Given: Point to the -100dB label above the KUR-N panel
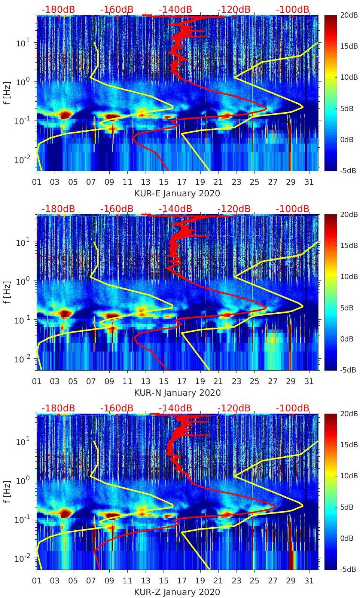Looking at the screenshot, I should [293, 209].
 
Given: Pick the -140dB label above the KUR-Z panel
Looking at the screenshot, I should [176, 408].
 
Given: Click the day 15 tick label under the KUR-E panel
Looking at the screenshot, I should [164, 182].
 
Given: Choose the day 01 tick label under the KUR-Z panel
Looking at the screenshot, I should [37, 581].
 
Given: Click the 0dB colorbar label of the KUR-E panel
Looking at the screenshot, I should [348, 139].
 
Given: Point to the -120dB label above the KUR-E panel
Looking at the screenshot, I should [234, 9].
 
